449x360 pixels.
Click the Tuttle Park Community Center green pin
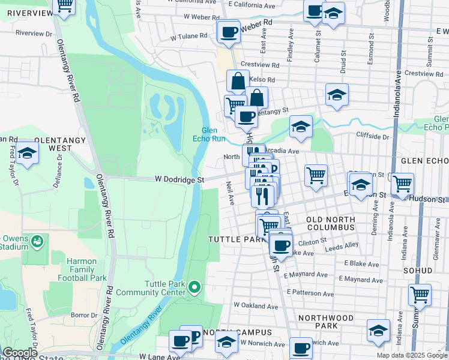pyautogui.click(x=194, y=288)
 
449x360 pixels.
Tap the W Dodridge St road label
pyautogui.click(x=179, y=179)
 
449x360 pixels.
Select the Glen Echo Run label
pyautogui.click(x=213, y=134)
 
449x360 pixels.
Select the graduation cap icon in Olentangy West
pyautogui.click(x=27, y=154)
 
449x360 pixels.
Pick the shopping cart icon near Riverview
pyautogui.click(x=64, y=5)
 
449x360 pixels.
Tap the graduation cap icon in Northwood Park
pyautogui.click(x=378, y=331)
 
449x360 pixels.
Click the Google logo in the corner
pyautogui.click(x=20, y=353)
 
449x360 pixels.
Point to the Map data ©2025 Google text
pyautogui.click(x=411, y=355)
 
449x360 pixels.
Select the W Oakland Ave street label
pyautogui.click(x=256, y=306)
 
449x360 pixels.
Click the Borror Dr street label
pyautogui.click(x=84, y=315)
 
